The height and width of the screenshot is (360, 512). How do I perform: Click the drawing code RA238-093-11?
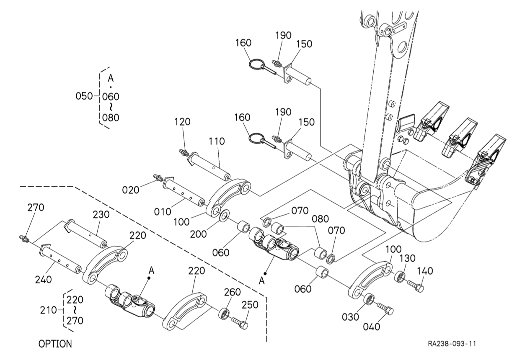pos(452,344)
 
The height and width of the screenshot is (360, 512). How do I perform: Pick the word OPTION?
pos(55,344)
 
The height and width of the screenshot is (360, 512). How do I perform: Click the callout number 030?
pos(351,317)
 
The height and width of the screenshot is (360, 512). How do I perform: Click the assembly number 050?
pos(84,96)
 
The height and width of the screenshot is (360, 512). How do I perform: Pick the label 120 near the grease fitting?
pos(182,122)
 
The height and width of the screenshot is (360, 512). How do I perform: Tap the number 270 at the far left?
pos(36,207)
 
